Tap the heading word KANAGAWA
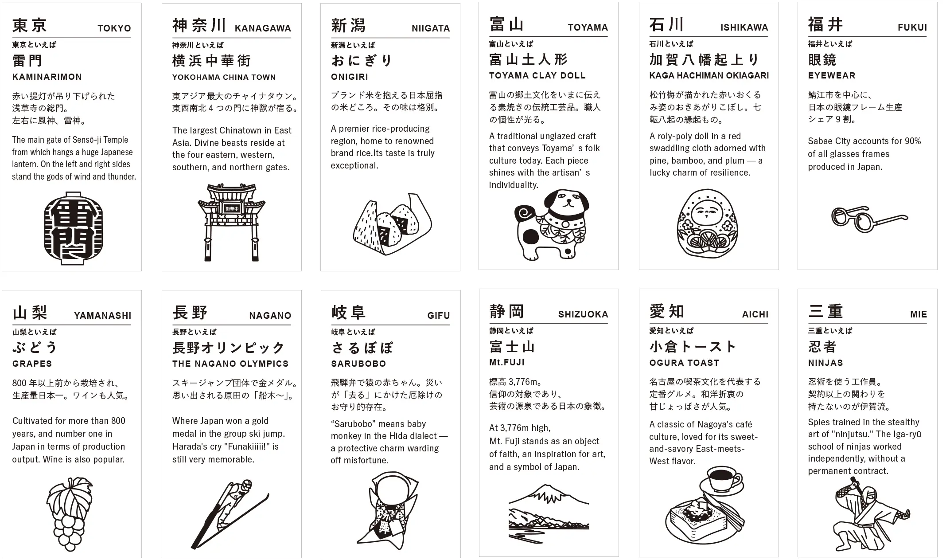pyautogui.click(x=263, y=28)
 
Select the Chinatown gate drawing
pyautogui.click(x=231, y=222)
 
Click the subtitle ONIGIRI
pyautogui.click(x=349, y=77)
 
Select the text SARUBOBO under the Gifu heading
pyautogui.click(x=358, y=364)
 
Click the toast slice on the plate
pyautogui.click(x=696, y=523)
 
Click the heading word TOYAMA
pyautogui.click(x=588, y=27)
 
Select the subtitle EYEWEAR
pyautogui.click(x=831, y=75)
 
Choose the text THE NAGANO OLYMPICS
pyautogui.click(x=230, y=364)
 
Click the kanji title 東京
pyautogui.click(x=29, y=25)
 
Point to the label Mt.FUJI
pyautogui.click(x=506, y=362)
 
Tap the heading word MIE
pyautogui.click(x=918, y=314)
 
